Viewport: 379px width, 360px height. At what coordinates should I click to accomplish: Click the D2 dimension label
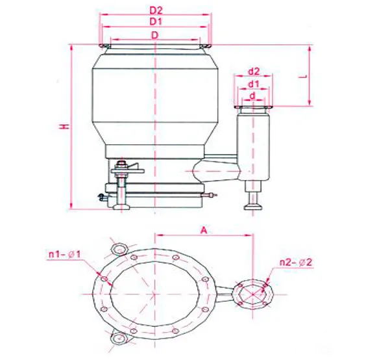point(156,10)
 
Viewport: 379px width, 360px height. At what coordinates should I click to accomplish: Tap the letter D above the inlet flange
point(154,35)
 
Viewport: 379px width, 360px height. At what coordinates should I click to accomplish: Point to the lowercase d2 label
point(254,71)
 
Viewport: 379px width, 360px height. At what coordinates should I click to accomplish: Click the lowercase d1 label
point(253,84)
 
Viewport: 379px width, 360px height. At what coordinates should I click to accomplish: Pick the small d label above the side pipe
point(252,96)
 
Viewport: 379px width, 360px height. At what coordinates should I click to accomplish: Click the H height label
point(64,126)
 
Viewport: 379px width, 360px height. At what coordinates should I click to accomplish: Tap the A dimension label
point(204,230)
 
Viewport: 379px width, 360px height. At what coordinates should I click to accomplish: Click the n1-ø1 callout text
point(65,255)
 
